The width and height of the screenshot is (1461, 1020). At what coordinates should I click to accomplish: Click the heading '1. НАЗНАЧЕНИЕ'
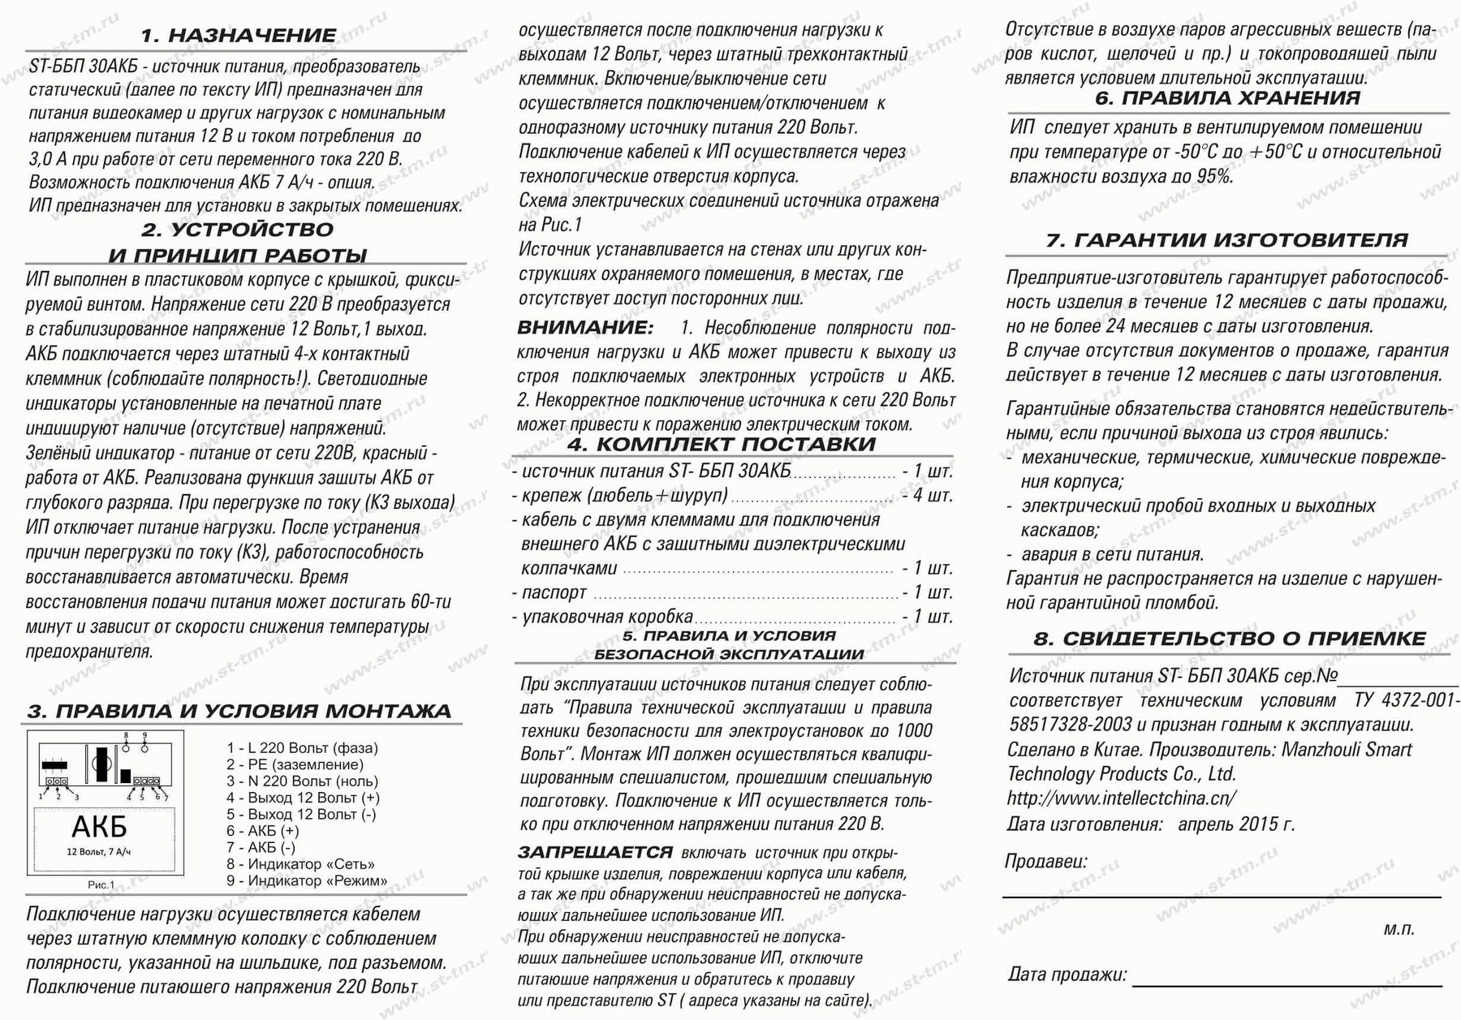point(238,36)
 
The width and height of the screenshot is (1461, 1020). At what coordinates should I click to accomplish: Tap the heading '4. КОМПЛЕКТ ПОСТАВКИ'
point(722,445)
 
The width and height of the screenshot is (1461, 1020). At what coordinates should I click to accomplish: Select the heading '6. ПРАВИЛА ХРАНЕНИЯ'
point(1227,99)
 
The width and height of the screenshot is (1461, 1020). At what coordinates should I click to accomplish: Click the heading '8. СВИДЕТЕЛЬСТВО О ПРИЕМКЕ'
point(1229,639)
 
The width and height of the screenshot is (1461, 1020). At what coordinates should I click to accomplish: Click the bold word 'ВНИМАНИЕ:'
point(585,328)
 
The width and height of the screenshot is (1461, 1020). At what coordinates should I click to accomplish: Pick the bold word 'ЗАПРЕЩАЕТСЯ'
point(595,853)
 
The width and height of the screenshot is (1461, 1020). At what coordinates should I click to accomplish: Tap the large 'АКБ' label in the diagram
point(99,827)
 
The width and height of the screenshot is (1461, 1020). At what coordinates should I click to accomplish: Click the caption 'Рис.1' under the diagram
point(101,884)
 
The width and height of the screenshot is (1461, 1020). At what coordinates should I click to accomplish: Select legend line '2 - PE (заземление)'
point(295,764)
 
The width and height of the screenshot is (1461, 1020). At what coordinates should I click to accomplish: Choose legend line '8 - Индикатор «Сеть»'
point(300,864)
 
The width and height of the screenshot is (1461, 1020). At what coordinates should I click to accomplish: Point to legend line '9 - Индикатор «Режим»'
point(307,880)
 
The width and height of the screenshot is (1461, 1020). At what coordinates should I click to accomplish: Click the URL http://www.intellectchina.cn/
point(1122,798)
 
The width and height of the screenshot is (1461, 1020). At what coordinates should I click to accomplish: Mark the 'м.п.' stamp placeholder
point(1399,929)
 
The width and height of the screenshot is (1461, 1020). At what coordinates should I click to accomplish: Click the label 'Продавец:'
point(1045,862)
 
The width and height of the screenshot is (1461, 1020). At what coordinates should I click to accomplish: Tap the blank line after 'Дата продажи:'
point(1286,982)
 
